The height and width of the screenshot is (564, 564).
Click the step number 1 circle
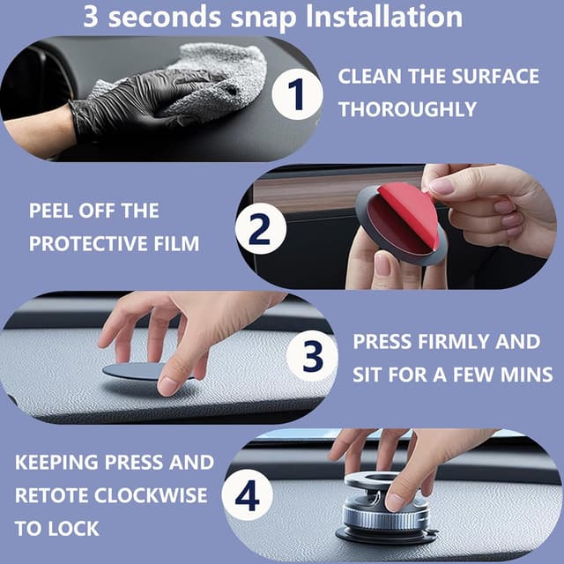[297, 94]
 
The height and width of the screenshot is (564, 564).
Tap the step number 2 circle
[261, 229]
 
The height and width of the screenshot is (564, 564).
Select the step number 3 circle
[313, 356]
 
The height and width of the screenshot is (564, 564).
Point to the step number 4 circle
[248, 495]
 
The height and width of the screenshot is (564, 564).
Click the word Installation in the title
[384, 17]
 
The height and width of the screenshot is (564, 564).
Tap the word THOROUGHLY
[407, 109]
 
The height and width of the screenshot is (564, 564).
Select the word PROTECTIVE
[88, 243]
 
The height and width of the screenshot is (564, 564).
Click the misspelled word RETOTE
[51, 495]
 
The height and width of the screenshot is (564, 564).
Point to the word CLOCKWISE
[151, 495]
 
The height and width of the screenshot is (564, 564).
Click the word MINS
[527, 375]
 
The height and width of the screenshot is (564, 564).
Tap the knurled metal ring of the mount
[385, 517]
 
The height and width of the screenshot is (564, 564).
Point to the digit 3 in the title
[91, 17]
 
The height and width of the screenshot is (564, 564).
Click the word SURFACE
[495, 77]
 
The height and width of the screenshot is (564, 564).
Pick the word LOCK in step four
[73, 529]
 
